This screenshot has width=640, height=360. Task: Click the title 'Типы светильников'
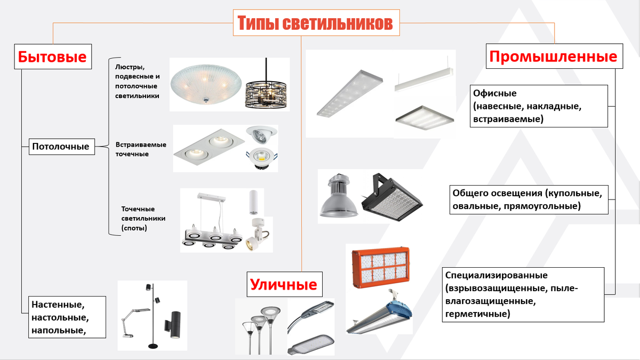316,23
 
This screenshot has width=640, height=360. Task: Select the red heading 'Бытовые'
52,57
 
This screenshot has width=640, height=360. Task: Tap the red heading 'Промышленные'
554,57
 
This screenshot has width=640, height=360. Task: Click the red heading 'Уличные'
284,285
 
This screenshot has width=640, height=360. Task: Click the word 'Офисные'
495,93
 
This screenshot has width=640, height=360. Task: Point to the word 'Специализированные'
497,275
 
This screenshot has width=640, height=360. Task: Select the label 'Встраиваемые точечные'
141,149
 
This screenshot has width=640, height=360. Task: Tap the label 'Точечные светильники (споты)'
143,218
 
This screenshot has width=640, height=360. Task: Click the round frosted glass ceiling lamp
206,84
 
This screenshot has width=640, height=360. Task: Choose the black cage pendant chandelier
266,86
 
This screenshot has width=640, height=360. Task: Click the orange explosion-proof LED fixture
381,267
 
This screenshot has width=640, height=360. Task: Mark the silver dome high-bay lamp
339,196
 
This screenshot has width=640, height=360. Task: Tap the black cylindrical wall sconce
172,325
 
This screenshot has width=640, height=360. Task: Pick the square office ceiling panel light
425,118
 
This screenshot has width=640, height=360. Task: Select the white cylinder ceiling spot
253,202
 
